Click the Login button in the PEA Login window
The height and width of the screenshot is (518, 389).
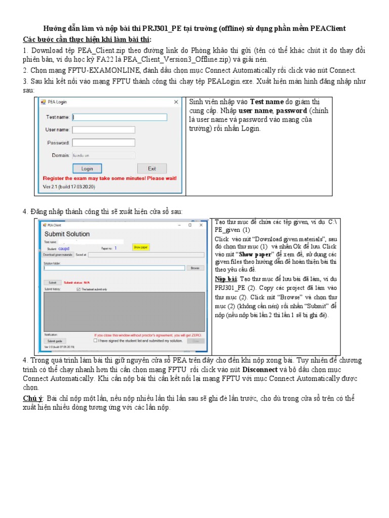click(x=87, y=168)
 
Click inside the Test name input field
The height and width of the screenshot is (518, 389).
click(x=120, y=117)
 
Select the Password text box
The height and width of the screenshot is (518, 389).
click(x=103, y=143)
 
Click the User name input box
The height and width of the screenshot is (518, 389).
click(x=103, y=129)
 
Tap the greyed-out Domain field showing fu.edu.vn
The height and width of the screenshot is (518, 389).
click(x=103, y=155)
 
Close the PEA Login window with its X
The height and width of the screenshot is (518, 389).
click(x=176, y=102)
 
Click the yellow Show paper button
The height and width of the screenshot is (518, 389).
click(x=138, y=247)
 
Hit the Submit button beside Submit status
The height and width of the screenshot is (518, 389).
click(x=52, y=282)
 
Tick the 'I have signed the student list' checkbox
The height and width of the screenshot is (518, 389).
click(x=96, y=340)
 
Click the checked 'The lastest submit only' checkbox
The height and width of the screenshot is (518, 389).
click(x=78, y=289)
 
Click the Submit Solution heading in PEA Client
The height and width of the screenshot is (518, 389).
click(x=67, y=234)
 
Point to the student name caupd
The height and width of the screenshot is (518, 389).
click(x=64, y=248)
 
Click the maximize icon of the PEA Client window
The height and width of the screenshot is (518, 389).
click(x=190, y=225)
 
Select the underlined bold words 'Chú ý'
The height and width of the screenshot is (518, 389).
click(x=33, y=399)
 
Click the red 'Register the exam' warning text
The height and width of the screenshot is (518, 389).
click(x=109, y=179)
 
